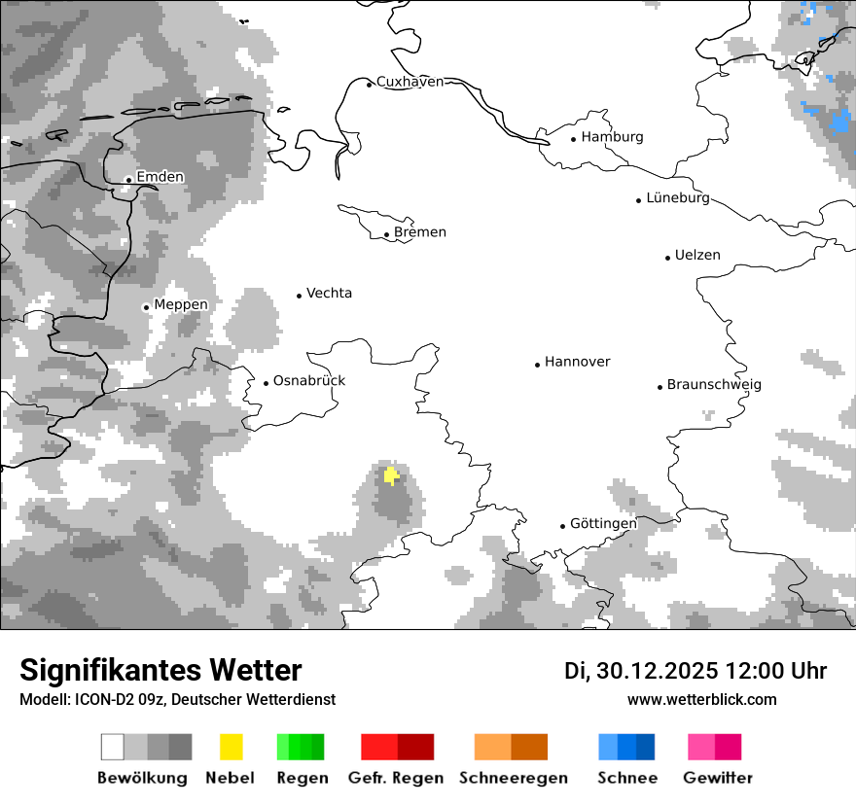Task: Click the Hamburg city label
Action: (x=612, y=137)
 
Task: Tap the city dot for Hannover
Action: (x=537, y=365)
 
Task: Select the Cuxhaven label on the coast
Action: (x=410, y=82)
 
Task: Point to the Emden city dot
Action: (x=128, y=180)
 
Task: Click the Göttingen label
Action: (x=603, y=524)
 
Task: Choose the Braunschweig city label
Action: (x=714, y=385)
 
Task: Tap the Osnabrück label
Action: (x=309, y=381)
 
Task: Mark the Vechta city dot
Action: (x=300, y=296)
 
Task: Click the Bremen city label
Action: (x=420, y=232)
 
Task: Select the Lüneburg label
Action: (x=678, y=198)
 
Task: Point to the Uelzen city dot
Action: (x=667, y=258)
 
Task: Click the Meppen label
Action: (x=181, y=305)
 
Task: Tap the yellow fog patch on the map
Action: (x=391, y=475)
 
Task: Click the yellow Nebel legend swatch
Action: (x=231, y=747)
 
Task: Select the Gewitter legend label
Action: (x=718, y=778)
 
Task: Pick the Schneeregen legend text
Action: (x=514, y=778)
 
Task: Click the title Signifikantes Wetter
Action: (x=160, y=670)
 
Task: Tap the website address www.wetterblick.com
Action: (x=701, y=700)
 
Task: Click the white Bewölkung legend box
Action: (x=113, y=747)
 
